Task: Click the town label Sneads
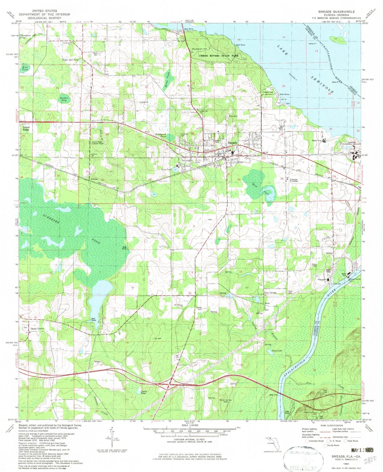click(x=232, y=143)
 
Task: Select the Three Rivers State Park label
click(x=219, y=56)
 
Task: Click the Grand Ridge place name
click(x=26, y=128)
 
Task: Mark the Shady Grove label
click(x=37, y=329)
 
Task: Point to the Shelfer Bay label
click(x=64, y=99)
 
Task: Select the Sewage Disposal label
click(x=294, y=180)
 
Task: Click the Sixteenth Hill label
click(x=199, y=49)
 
